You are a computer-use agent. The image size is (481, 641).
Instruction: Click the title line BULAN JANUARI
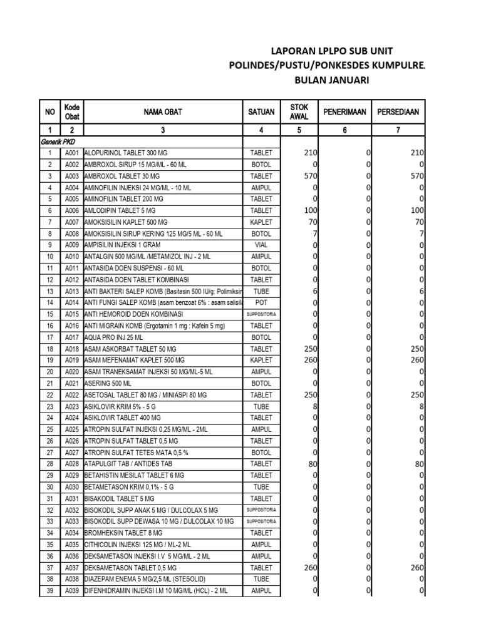[x=332, y=80]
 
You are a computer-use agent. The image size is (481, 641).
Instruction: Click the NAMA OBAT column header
[x=162, y=112]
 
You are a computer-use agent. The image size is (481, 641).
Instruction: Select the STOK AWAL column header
[x=299, y=112]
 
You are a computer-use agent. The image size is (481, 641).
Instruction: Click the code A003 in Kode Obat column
[x=71, y=177]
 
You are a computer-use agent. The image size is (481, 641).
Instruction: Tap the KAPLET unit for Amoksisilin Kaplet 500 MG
[x=262, y=222]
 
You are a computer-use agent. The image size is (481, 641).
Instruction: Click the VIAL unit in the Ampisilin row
[x=262, y=245]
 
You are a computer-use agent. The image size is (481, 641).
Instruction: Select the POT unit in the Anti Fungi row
[x=262, y=302]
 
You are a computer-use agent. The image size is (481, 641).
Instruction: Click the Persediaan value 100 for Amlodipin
[x=416, y=210]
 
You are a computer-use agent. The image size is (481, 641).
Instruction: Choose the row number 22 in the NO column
[x=49, y=394]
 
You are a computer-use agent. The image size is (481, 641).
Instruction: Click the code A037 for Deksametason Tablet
[x=71, y=567]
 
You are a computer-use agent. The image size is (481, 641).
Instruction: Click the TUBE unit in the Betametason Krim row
[x=262, y=486]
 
